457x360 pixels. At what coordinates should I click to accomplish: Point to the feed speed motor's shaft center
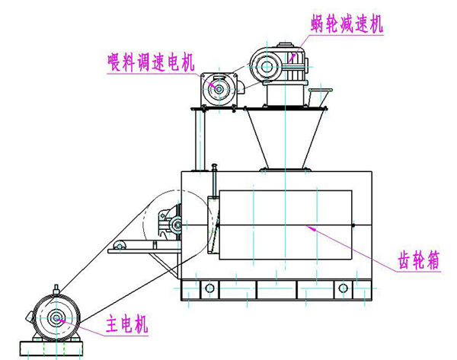click(x=218, y=91)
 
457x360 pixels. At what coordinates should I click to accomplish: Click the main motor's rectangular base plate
click(x=54, y=352)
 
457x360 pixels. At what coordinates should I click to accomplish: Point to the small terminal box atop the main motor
click(x=56, y=288)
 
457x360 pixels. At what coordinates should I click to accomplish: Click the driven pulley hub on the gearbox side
click(x=176, y=224)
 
